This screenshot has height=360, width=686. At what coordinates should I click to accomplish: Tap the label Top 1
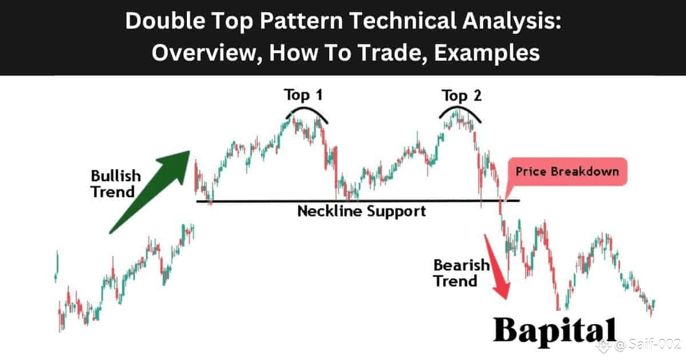pos(303,95)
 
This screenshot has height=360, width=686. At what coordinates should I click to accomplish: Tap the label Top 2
pos(461,96)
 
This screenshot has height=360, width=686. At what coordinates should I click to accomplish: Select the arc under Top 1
pos(306,109)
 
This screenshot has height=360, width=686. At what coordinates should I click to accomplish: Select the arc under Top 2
pos(460,109)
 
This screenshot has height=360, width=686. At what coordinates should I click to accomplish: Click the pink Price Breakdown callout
pos(567,172)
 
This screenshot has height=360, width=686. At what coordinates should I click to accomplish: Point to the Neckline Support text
pos(362,211)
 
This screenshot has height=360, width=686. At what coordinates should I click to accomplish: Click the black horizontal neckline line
pos(358,201)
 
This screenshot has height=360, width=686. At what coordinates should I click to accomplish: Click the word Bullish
pos(115,176)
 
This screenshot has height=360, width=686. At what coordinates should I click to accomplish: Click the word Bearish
pos(461,265)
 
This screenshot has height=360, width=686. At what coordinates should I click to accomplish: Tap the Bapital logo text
pos(555,331)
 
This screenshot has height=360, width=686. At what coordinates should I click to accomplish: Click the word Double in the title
pos(165,21)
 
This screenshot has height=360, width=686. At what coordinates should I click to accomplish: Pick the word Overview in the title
pos(207,53)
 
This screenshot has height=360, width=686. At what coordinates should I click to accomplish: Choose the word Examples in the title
pos(486,53)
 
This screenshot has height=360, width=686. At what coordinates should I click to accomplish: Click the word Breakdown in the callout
pos(585,171)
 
